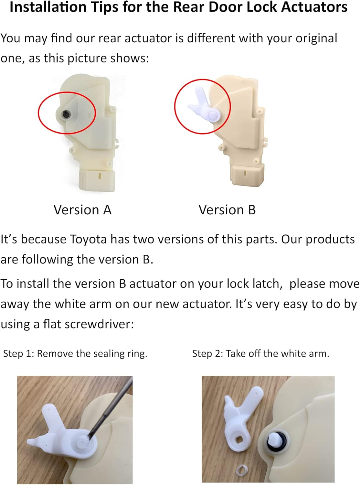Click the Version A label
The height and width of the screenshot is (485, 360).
[82, 210]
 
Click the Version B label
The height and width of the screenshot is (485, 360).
[227, 210]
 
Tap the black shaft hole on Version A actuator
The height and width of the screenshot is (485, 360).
[67, 114]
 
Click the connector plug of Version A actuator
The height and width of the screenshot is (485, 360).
[97, 179]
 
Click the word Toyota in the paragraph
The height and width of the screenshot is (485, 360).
[88, 239]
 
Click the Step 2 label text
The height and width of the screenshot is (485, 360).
[260, 353]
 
